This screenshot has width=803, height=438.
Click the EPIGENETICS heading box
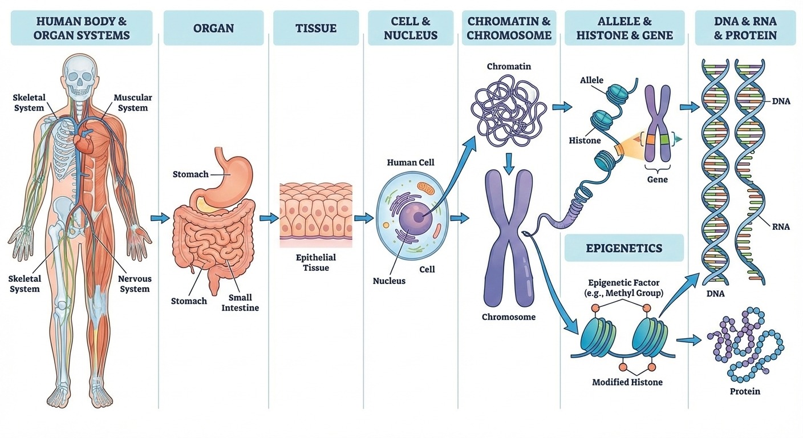click(624, 248)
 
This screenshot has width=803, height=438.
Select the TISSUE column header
click(316, 28)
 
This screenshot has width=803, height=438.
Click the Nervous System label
click(135, 284)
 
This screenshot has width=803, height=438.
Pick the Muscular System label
click(133, 103)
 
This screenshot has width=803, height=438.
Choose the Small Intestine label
click(240, 302)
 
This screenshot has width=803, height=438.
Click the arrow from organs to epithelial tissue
click(269, 218)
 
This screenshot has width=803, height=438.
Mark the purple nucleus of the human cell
click(416, 217)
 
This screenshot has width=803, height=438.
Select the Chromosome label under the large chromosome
click(509, 317)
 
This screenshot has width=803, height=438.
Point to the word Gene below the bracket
click(658, 179)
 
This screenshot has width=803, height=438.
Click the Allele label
click(592, 80)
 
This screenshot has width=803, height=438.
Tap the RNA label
click(781, 226)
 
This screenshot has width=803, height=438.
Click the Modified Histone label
click(627, 382)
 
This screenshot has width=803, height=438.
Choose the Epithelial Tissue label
click(316, 262)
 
